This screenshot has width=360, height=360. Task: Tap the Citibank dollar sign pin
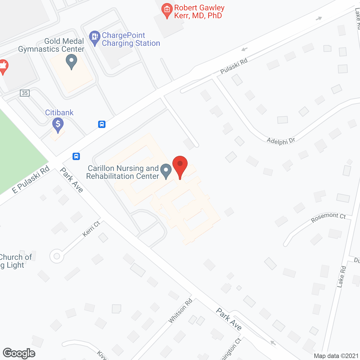[x=58, y=124]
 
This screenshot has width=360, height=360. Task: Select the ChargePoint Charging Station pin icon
[x=95, y=37]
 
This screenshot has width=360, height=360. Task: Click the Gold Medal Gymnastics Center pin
[x=71, y=61]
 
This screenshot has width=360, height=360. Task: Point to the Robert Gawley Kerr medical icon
[x=167, y=10]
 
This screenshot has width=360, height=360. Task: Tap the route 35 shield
[x=25, y=93]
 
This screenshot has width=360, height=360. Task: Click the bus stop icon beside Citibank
[x=102, y=124]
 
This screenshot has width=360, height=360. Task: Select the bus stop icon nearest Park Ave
[x=76, y=156]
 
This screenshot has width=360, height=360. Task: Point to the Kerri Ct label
[x=91, y=229]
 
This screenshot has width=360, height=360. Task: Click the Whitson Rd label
[x=180, y=311]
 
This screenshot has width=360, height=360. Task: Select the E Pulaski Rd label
[x=31, y=180]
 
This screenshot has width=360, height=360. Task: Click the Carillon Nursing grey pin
[x=166, y=170]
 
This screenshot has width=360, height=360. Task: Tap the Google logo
[x=19, y=353]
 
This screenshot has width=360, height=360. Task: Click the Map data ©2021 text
[x=336, y=356]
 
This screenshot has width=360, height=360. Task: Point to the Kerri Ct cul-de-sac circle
[x=57, y=256]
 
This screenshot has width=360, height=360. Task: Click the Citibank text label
[x=59, y=112]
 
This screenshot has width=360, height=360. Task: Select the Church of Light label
[x=15, y=261]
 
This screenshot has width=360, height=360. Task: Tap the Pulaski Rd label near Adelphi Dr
[x=234, y=66]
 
